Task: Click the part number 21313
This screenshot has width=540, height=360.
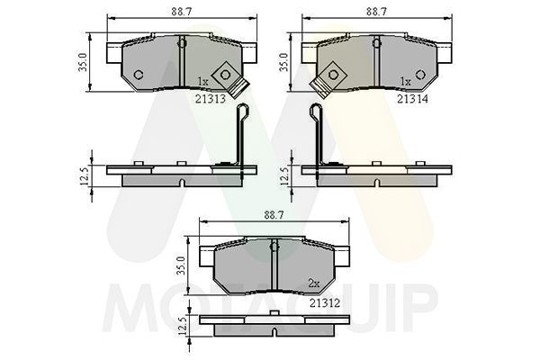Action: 211,99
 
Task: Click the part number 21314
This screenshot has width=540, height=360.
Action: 412,99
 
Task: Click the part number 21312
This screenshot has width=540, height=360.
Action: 325,303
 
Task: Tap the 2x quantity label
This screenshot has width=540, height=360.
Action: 314,283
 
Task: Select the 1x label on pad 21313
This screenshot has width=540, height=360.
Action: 202,82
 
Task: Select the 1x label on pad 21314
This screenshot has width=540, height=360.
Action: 406,82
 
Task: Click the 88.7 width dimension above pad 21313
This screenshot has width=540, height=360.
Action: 181,12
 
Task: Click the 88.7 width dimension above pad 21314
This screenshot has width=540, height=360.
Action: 376,12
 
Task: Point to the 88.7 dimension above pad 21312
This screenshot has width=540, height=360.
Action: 274,215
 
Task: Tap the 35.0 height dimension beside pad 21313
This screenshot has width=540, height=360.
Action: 83,62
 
